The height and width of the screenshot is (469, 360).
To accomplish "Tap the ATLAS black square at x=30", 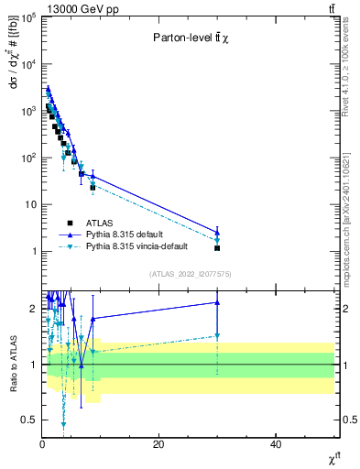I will click(217, 248).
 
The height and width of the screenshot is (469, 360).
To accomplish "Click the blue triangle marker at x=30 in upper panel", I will click(217, 232).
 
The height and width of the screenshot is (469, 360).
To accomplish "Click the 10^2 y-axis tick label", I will click(27, 158).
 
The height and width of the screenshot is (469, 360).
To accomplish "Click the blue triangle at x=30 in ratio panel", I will click(217, 302).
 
